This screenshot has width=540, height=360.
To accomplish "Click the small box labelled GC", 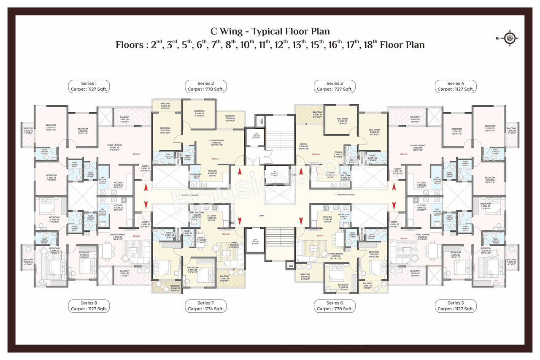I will coord(290,266).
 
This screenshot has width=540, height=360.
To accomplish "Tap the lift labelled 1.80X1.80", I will coord(255,136).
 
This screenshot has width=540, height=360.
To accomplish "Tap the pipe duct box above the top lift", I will coord(262,120).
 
